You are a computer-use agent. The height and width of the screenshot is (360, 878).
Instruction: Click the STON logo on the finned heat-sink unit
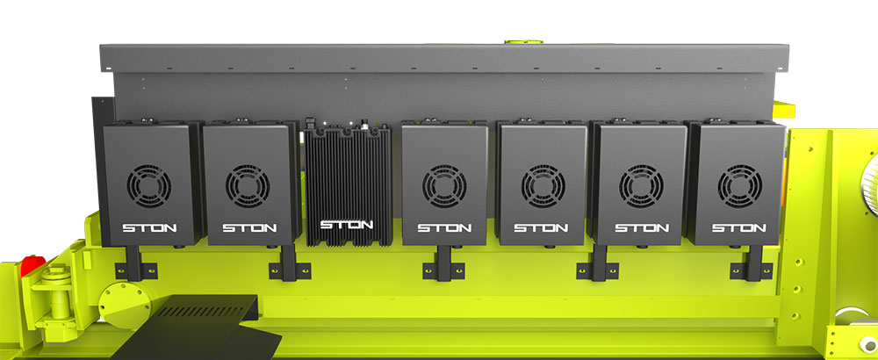tap(346, 225)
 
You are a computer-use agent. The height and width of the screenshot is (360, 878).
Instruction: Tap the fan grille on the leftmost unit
tap(149, 186)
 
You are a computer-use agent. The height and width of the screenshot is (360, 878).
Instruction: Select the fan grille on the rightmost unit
tap(739, 186)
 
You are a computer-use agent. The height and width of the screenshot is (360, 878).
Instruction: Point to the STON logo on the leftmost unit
tap(149, 228)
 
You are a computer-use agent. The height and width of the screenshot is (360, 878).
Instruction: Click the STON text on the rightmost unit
tap(739, 228)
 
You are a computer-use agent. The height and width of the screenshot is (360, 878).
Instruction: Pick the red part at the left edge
tap(32, 265)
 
